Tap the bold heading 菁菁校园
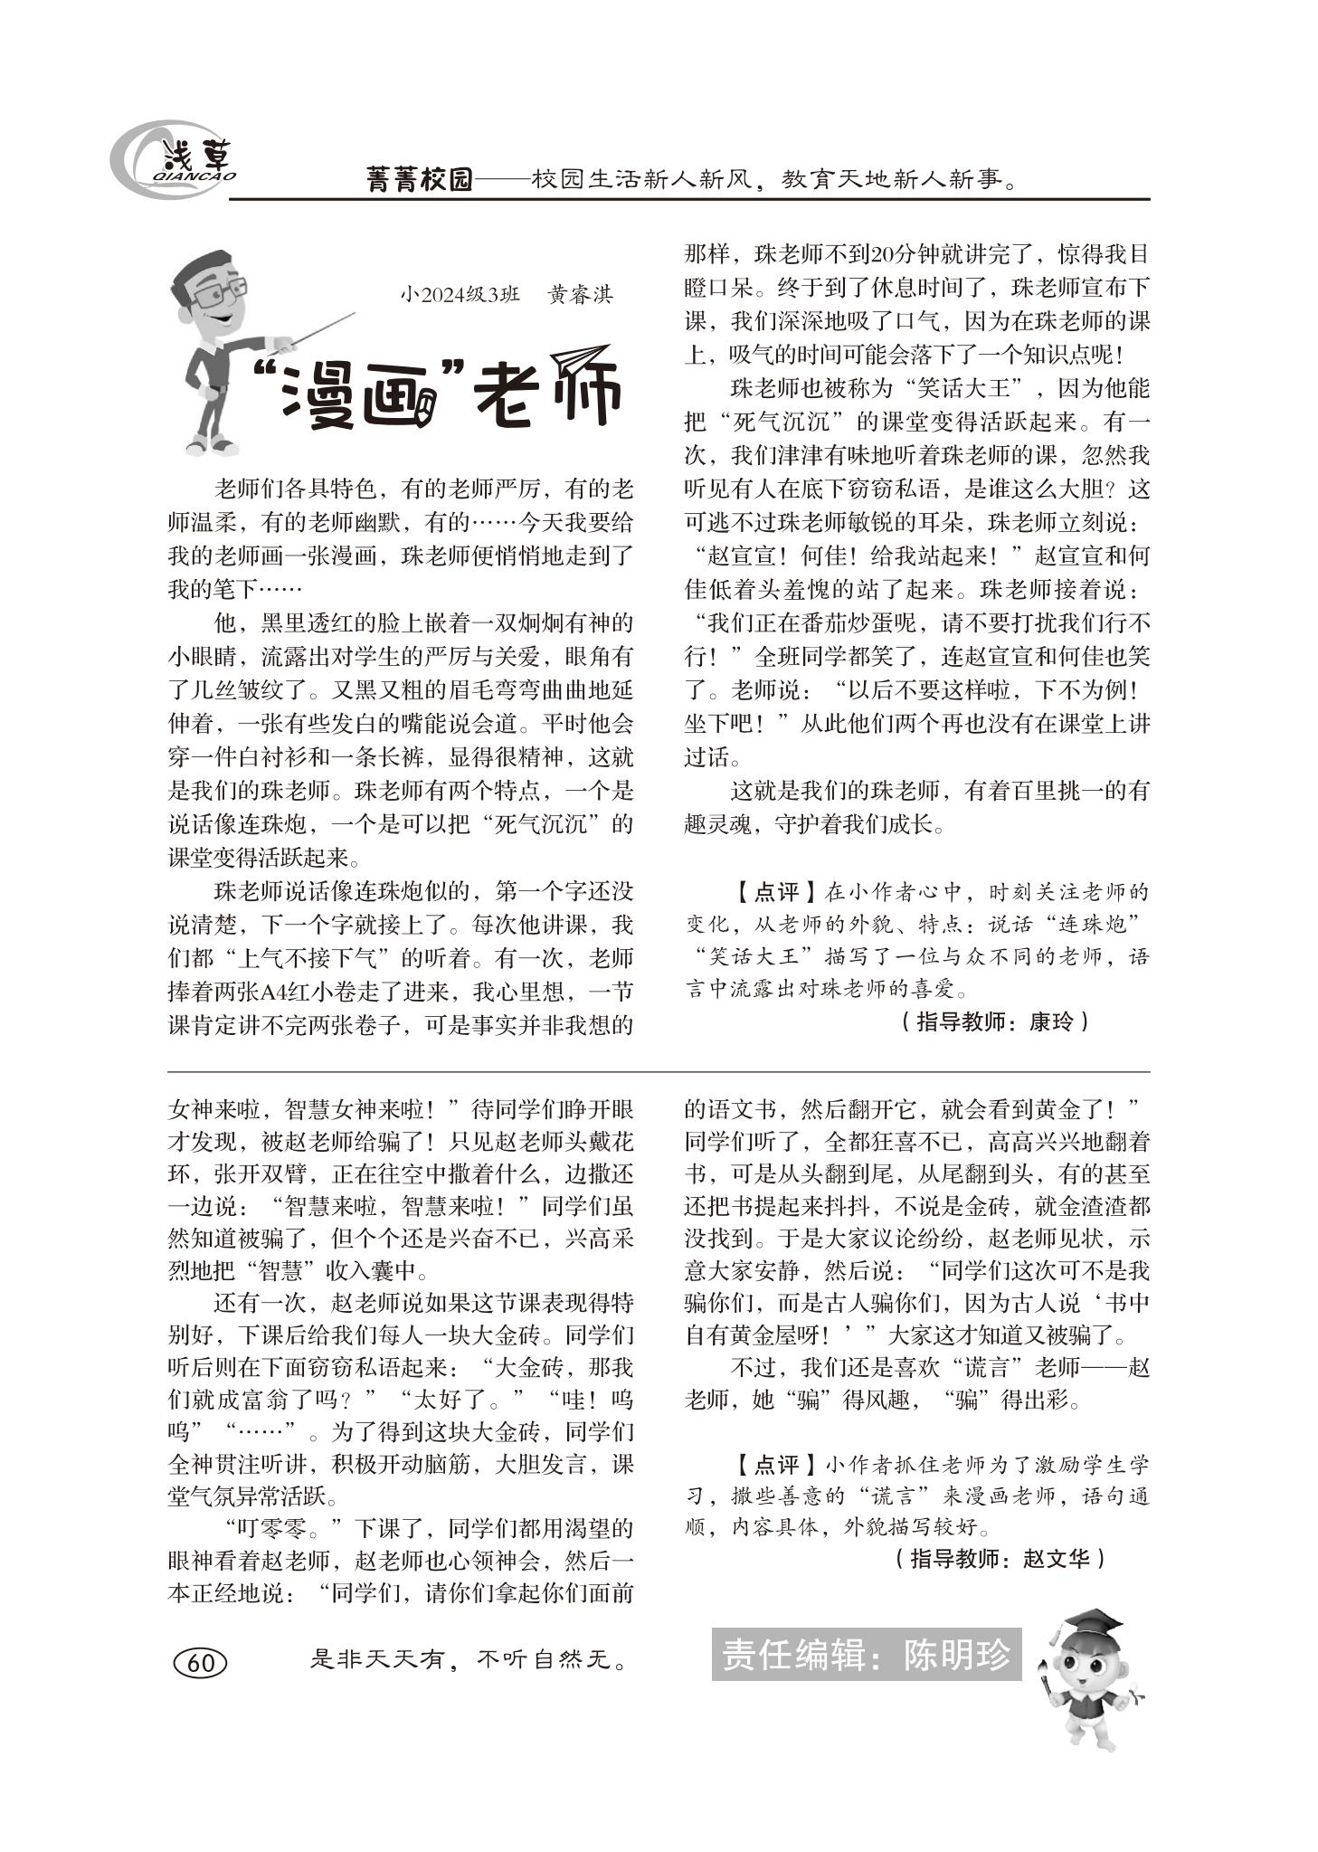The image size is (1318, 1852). [420, 179]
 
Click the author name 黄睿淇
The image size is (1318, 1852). [581, 295]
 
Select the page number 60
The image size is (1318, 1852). [199, 1663]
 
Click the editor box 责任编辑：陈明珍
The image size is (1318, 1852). [866, 1656]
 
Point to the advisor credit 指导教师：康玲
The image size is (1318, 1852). [994, 1022]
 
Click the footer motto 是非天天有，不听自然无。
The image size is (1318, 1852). [469, 1660]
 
